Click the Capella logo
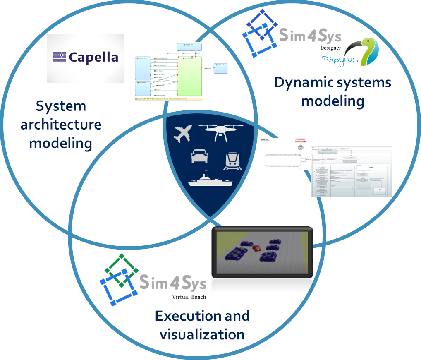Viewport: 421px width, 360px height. coord(86,57)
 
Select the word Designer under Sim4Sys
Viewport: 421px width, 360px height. coord(331,48)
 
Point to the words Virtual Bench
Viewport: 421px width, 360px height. coord(189,297)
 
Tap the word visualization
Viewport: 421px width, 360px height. coord(202,334)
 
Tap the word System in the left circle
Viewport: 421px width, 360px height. coord(61,106)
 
